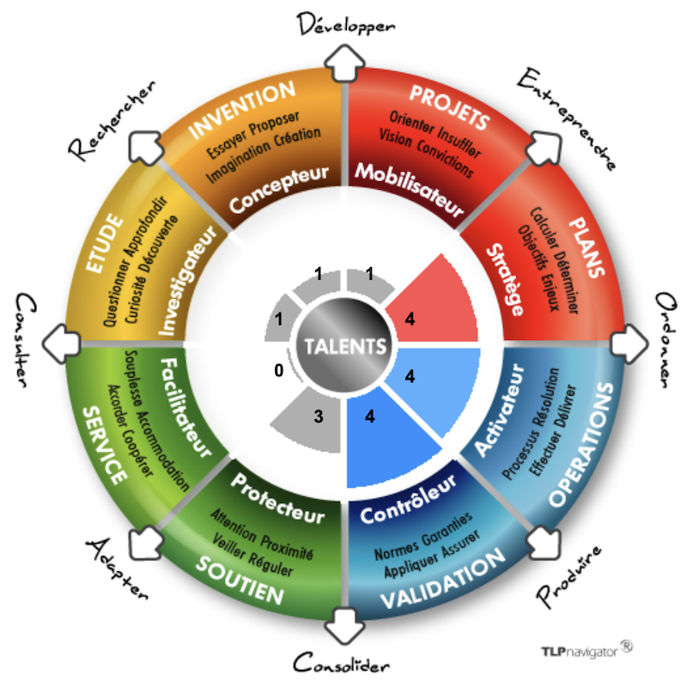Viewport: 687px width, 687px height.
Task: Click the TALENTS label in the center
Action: pyautogui.click(x=343, y=348)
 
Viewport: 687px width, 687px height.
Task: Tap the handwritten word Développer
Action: pyautogui.click(x=346, y=22)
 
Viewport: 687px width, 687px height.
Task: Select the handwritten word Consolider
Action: pyautogui.click(x=342, y=663)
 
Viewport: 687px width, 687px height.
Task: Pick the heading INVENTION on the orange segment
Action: pyautogui.click(x=241, y=111)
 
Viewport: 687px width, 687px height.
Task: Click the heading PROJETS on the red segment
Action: pyautogui.click(x=449, y=106)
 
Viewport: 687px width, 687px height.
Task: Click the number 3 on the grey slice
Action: pyautogui.click(x=317, y=417)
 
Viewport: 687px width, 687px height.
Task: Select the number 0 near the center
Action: pyautogui.click(x=278, y=371)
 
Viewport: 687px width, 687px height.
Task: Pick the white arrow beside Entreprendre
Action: pyautogui.click(x=540, y=148)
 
